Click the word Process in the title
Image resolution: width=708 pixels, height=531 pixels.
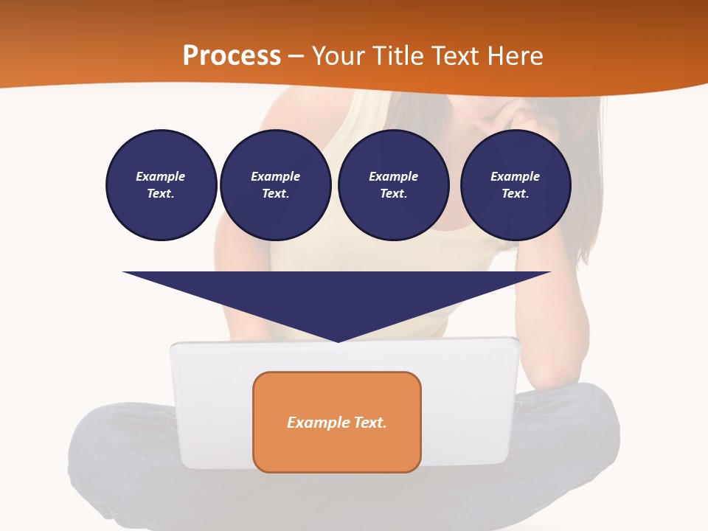232,56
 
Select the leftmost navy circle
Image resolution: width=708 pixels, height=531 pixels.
162,185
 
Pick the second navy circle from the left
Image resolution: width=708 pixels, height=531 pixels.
275,185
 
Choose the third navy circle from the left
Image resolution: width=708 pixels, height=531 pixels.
393,185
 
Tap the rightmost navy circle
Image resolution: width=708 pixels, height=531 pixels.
516,185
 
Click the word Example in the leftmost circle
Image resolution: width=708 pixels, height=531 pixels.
161,176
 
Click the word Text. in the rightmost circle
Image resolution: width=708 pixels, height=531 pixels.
516,194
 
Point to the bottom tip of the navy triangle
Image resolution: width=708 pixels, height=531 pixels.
338,341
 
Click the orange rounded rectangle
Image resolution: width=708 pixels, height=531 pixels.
337,442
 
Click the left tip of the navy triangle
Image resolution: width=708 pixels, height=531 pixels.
124,272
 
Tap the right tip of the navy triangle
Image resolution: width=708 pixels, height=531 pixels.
549,272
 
